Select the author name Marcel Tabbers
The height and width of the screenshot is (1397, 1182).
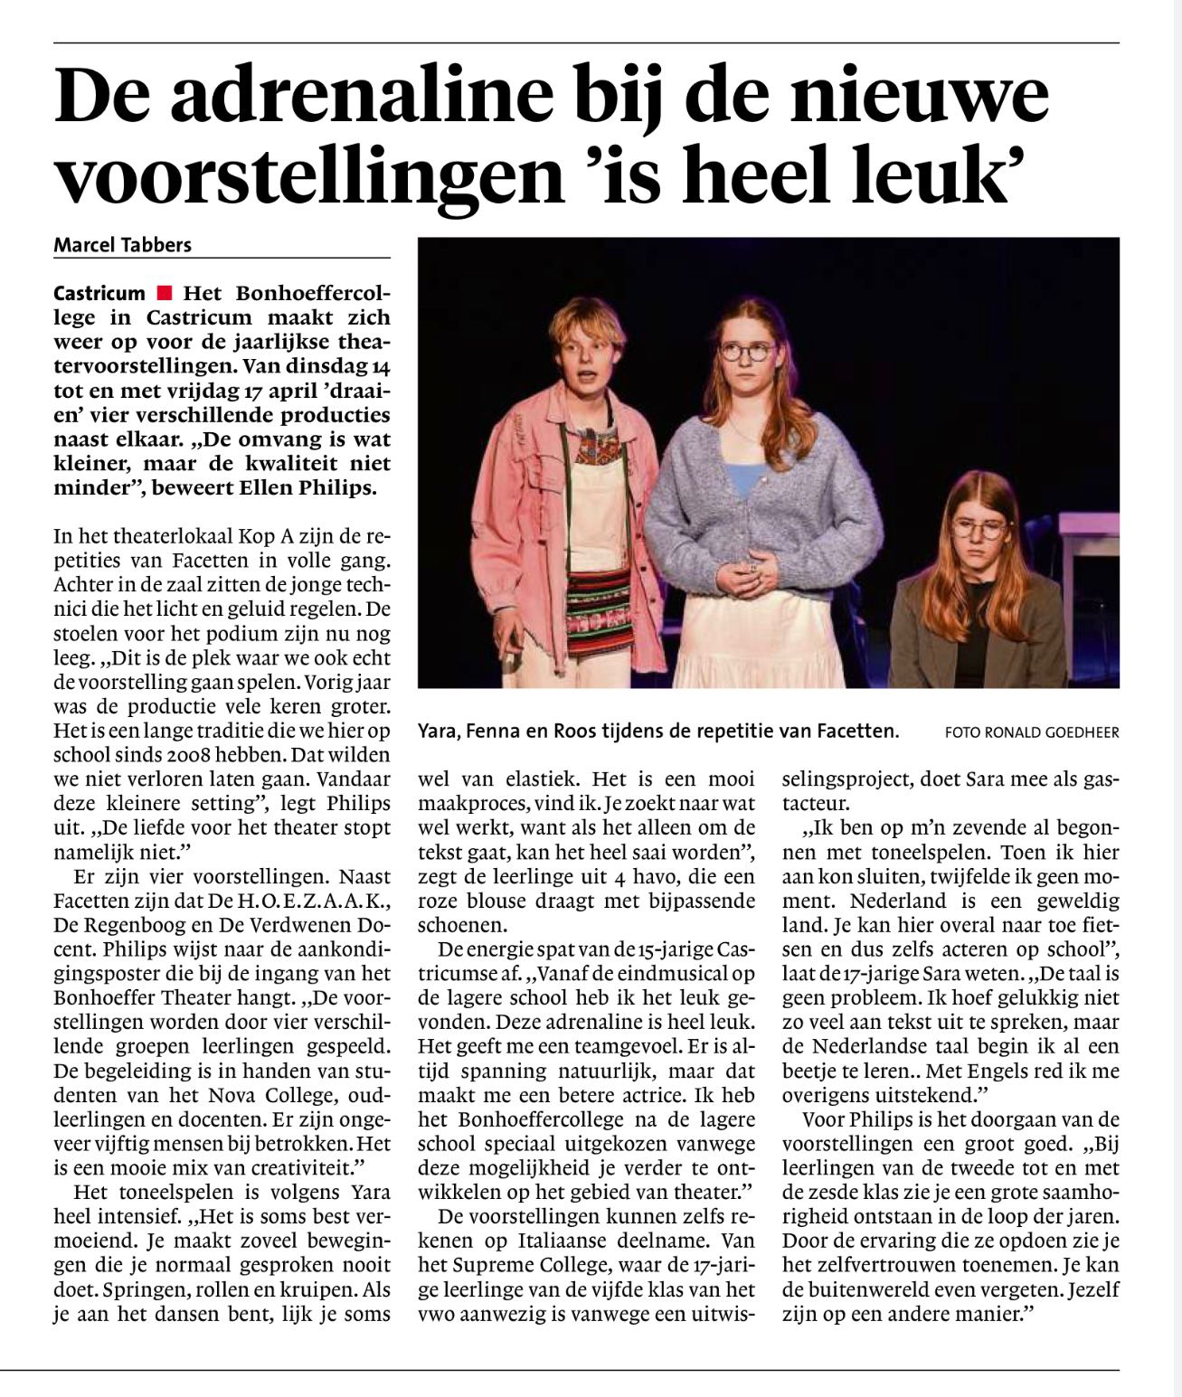coord(123,245)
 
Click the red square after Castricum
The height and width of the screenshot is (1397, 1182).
coord(164,293)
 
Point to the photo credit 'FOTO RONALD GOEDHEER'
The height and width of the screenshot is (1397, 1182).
coord(1031,732)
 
